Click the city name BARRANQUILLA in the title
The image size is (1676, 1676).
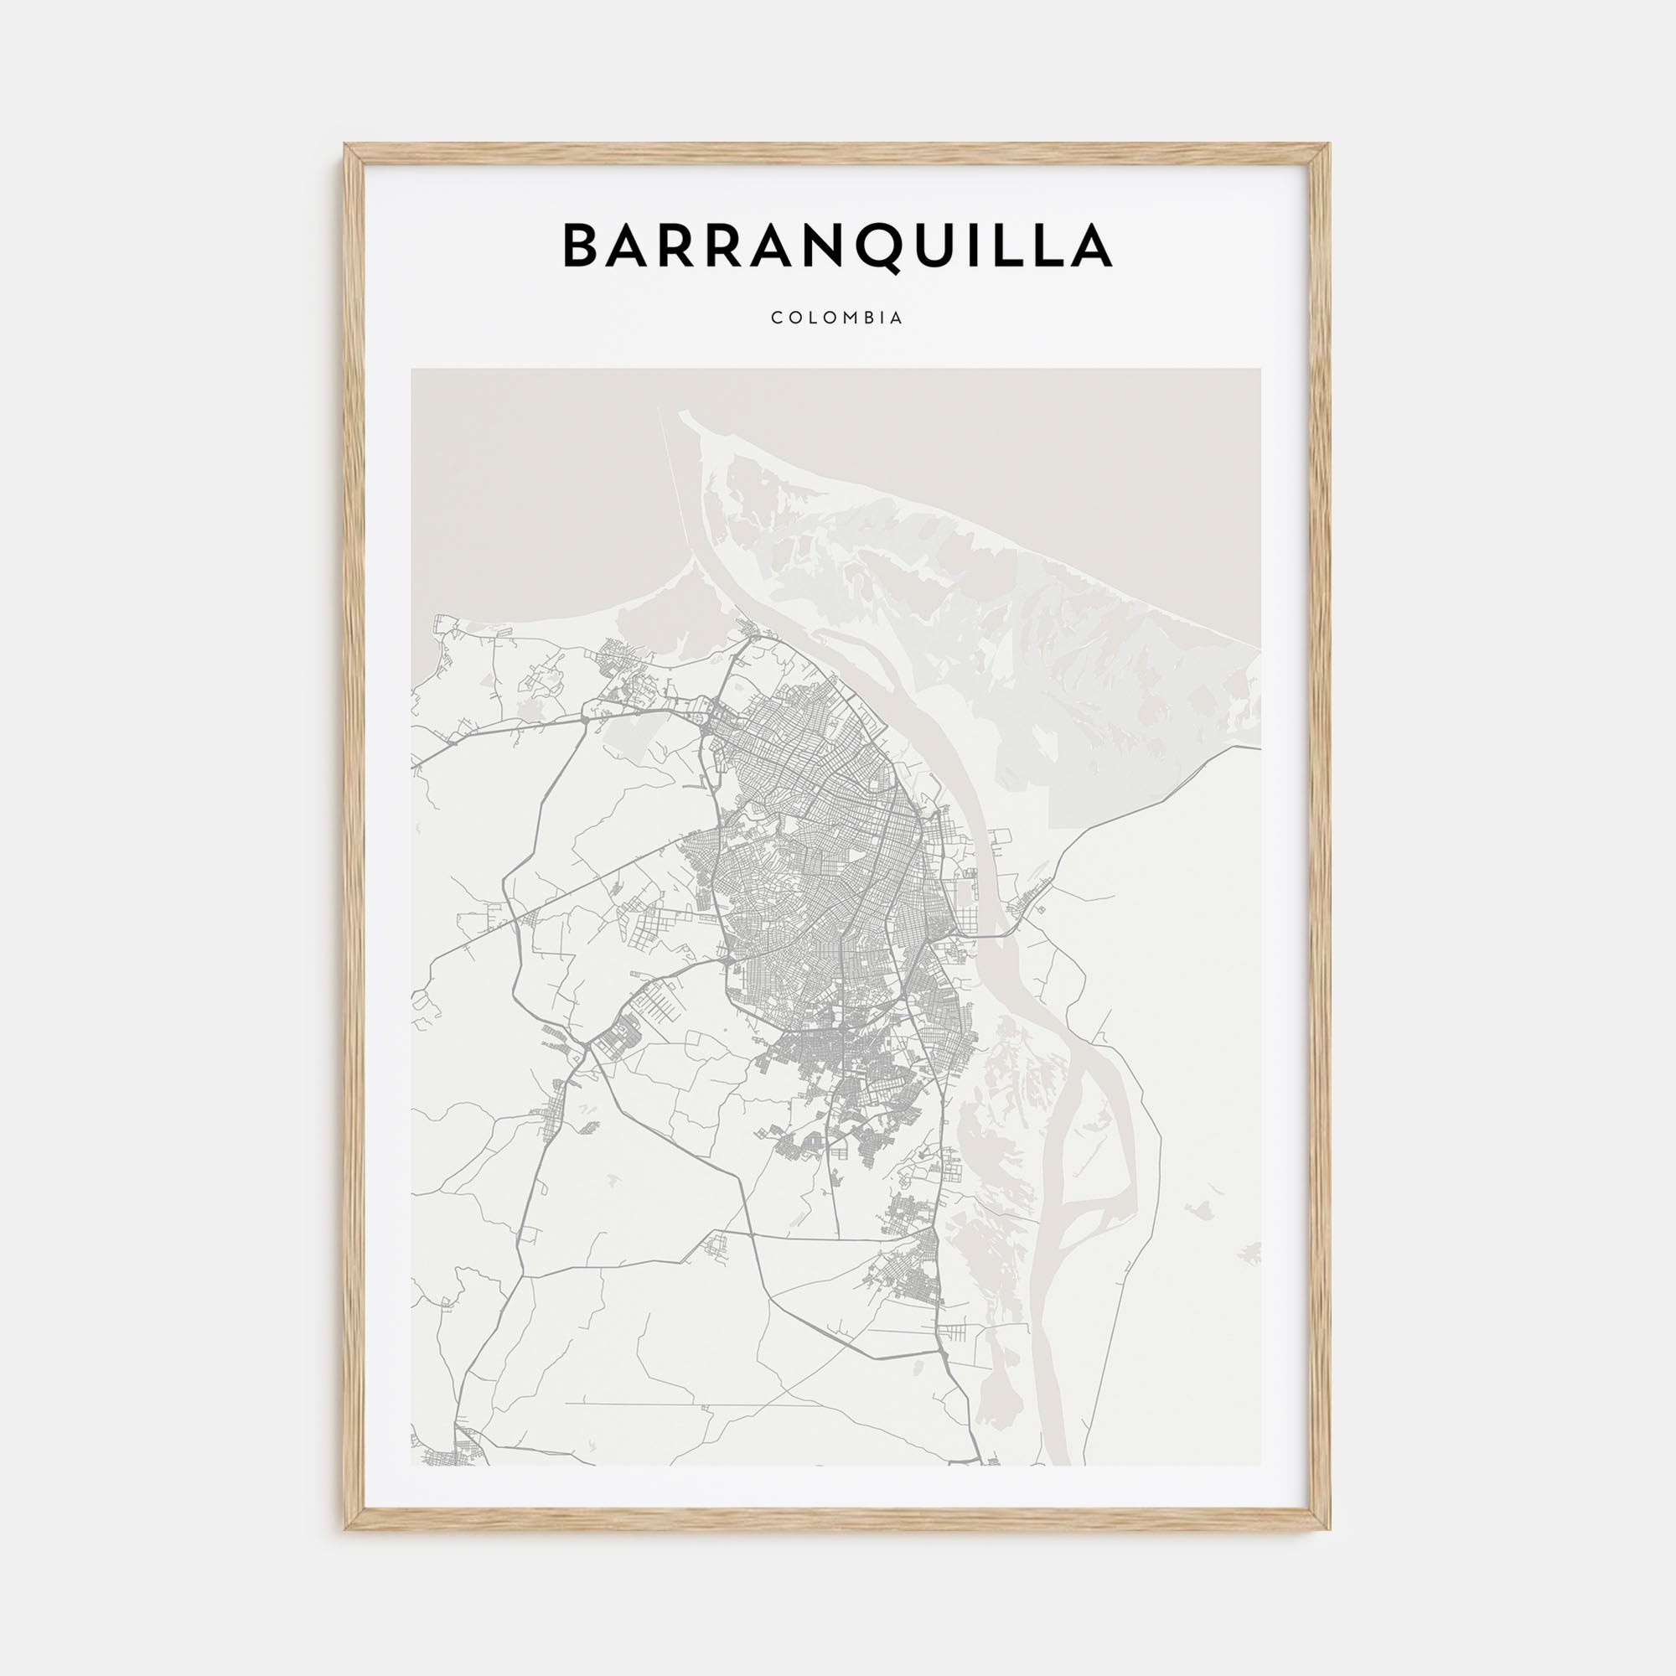837,246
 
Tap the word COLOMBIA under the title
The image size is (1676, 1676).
837,318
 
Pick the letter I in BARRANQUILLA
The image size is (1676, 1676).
976,246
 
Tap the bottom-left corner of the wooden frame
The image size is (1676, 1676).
345,1529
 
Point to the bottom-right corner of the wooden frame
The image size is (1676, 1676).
1330,1529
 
